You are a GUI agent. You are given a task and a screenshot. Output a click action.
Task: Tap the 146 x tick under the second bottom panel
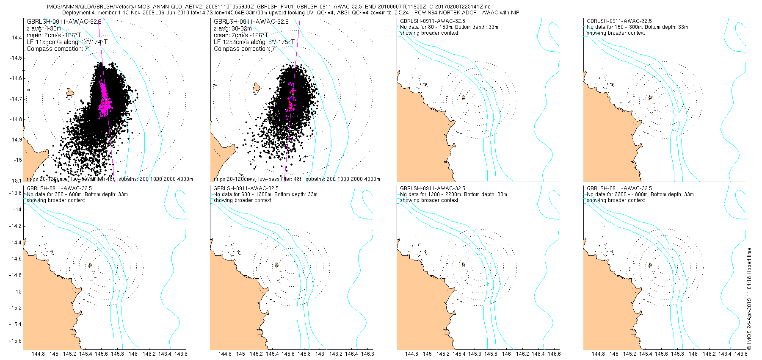coord(320,354)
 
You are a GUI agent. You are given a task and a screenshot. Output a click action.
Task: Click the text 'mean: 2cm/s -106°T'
coord(54,35)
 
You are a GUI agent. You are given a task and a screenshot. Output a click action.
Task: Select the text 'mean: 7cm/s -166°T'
coord(241,35)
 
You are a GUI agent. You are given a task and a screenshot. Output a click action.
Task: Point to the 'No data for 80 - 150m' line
coord(449,27)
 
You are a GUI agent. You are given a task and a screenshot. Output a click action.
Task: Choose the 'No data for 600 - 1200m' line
coord(265,194)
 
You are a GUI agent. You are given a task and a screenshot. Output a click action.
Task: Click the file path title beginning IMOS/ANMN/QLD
coord(269,7)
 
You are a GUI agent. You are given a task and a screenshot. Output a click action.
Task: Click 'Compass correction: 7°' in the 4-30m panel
coord(58,49)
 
